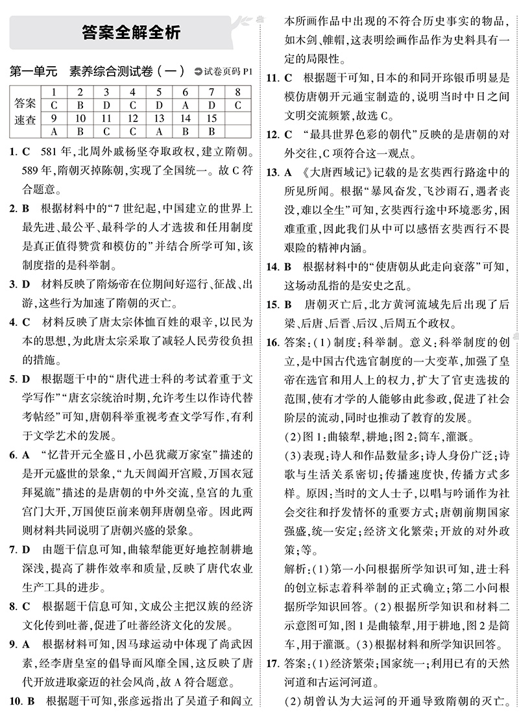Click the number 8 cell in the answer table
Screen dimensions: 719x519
(x=237, y=92)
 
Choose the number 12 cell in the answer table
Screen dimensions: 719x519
(x=132, y=118)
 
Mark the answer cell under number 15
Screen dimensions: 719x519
(x=211, y=132)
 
